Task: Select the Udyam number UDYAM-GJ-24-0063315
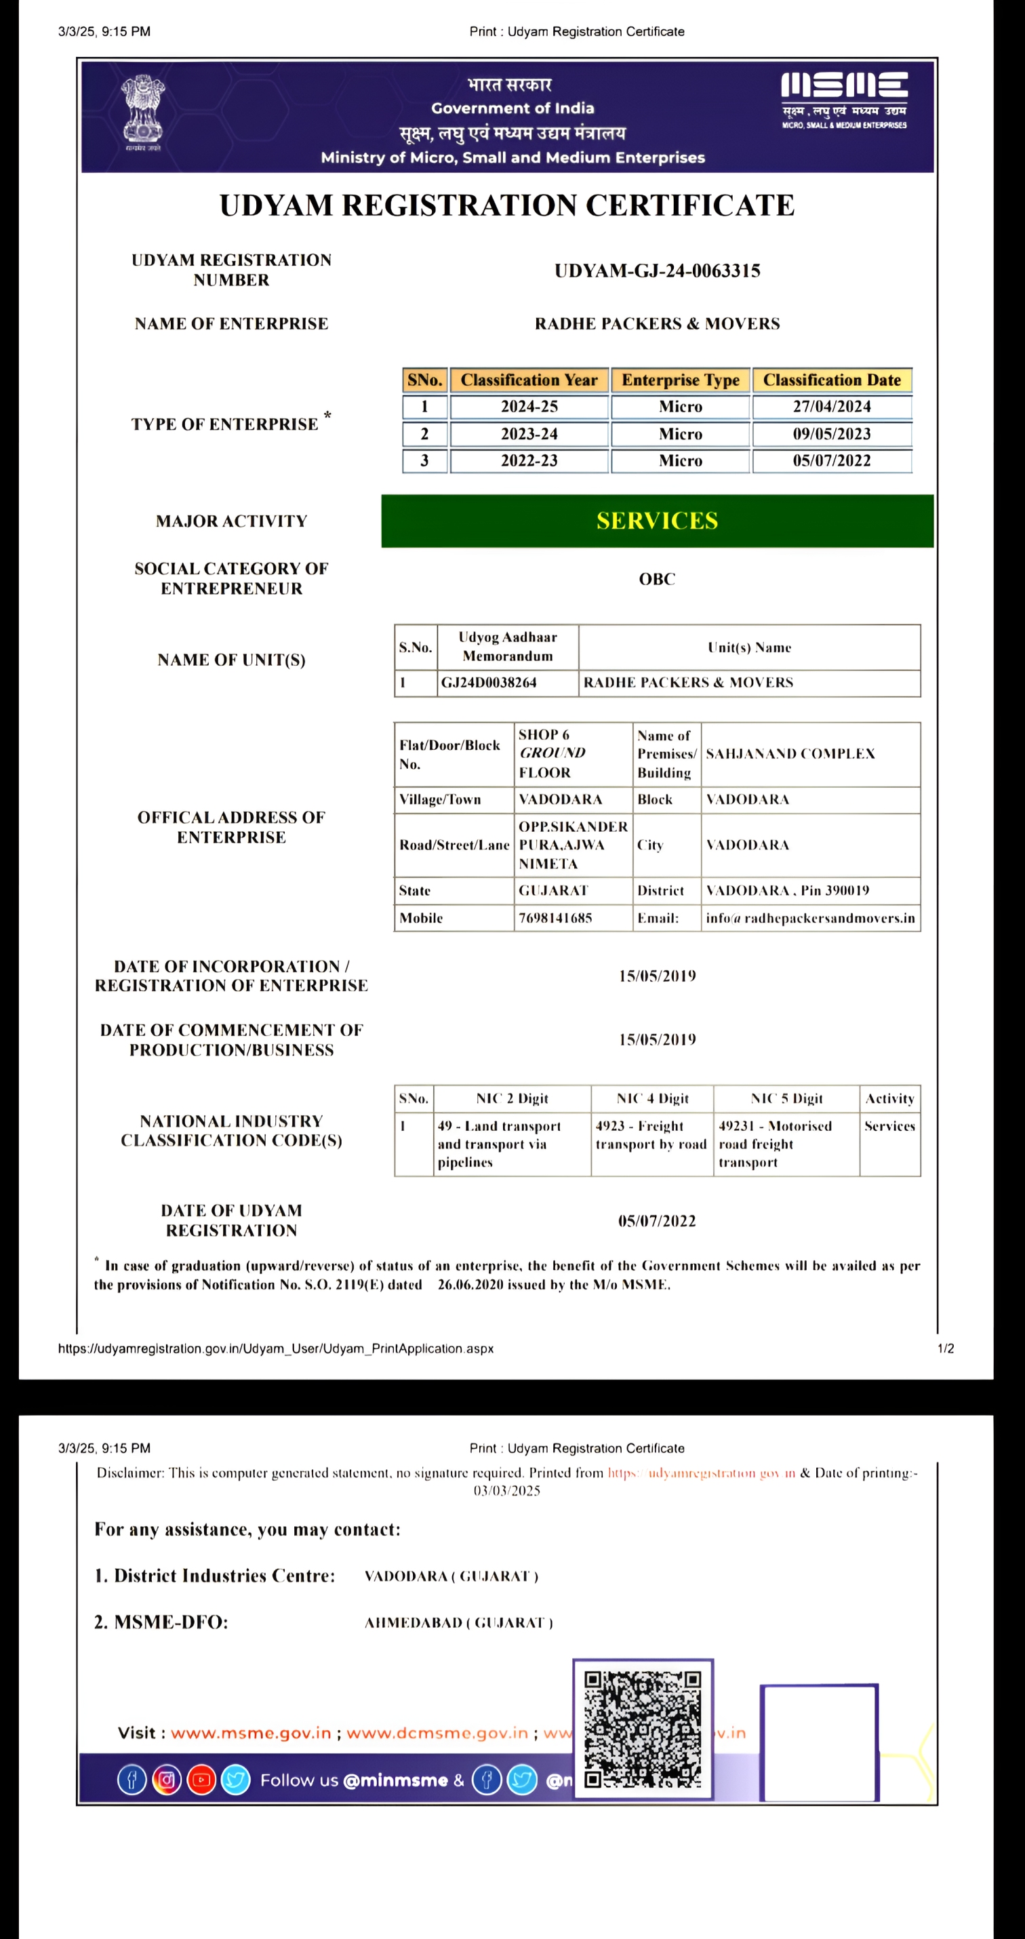tap(657, 271)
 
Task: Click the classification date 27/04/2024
tap(832, 407)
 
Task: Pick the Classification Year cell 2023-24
tap(529, 435)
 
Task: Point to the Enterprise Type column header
tap(681, 380)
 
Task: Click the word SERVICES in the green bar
tap(657, 521)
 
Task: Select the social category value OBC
tap(657, 579)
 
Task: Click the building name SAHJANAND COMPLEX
tap(790, 753)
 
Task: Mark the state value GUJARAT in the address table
tap(553, 890)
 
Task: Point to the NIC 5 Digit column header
tap(786, 1099)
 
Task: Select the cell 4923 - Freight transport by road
tap(651, 1135)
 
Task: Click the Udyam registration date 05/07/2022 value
tap(657, 1221)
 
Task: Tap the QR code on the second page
tap(643, 1729)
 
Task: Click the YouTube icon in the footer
tap(201, 1780)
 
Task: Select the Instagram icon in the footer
tap(166, 1780)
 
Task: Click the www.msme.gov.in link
tap(251, 1733)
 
